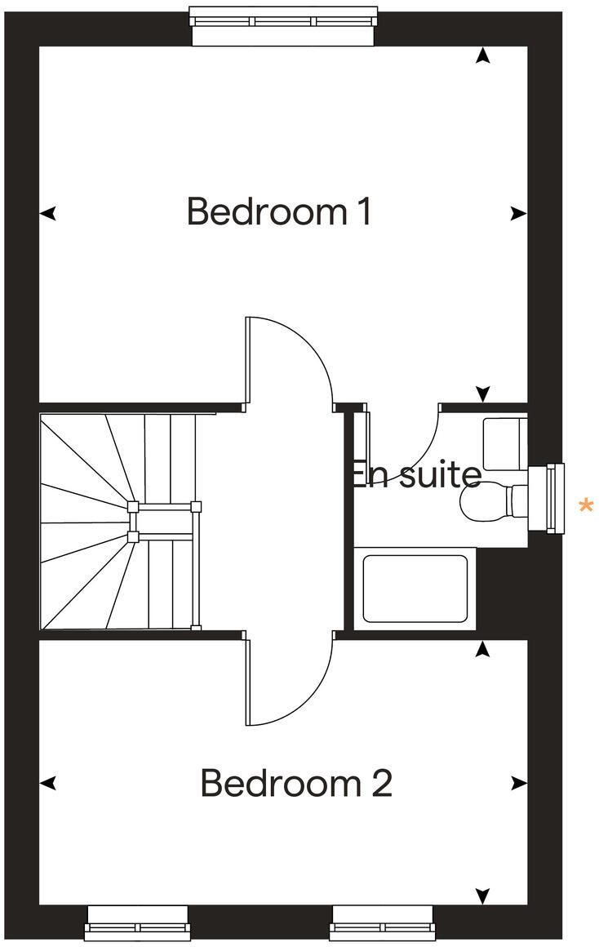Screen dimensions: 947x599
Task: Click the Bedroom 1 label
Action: click(x=279, y=211)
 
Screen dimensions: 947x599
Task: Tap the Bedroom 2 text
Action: click(x=296, y=784)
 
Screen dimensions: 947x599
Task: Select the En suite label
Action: click(x=415, y=474)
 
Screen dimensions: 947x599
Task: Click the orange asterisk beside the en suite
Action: click(x=585, y=506)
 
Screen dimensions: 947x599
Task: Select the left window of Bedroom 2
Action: click(x=137, y=922)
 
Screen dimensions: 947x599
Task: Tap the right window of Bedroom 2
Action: click(x=381, y=922)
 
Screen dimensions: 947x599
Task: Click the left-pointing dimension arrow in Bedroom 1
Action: click(x=49, y=214)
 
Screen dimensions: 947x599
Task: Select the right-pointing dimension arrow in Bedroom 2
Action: click(x=518, y=784)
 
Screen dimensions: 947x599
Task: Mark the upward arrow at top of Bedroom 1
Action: click(x=483, y=56)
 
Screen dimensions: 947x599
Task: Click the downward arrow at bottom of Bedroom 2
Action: click(x=483, y=896)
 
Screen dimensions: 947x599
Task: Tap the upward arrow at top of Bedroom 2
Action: click(x=483, y=649)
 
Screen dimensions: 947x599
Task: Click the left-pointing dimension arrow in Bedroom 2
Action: click(x=49, y=784)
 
